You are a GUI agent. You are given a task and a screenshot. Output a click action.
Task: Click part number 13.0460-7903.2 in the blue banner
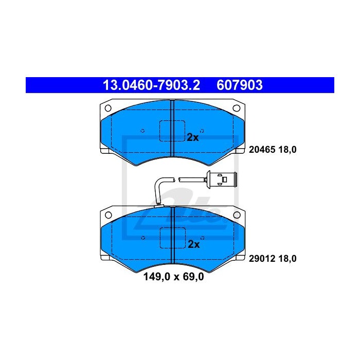152,85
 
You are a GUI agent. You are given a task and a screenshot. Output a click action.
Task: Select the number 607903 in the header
240,85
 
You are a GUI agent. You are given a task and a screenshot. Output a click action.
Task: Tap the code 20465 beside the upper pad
262,150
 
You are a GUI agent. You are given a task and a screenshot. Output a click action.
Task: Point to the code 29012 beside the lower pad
262,259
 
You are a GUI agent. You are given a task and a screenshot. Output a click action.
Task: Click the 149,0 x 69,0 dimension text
174,277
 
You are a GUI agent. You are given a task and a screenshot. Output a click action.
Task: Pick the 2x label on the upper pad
193,137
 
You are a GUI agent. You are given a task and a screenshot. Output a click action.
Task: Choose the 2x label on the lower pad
193,244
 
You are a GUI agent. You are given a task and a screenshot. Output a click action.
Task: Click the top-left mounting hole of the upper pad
108,108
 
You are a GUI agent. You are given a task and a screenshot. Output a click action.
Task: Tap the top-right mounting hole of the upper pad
237,108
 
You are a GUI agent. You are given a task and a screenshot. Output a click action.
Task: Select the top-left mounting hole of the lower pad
109,215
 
